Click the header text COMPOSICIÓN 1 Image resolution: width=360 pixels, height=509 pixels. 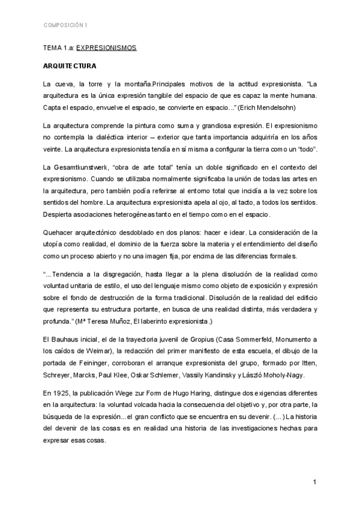click(x=65, y=25)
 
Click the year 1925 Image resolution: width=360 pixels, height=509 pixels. click(x=64, y=393)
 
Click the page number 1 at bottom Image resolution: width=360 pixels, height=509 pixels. click(x=314, y=483)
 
